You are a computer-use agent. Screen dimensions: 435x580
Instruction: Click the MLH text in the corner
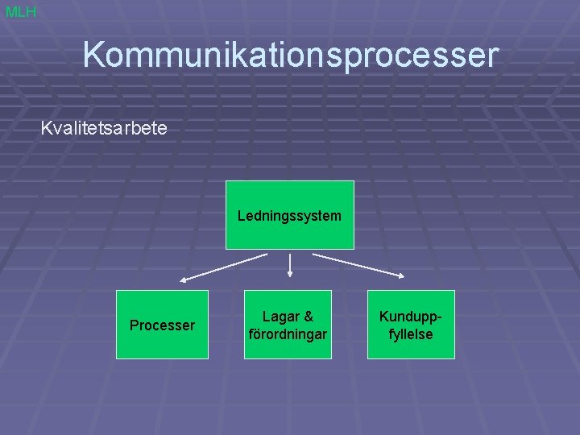pos(20,12)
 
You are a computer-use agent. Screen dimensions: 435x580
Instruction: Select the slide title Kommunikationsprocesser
pos(290,56)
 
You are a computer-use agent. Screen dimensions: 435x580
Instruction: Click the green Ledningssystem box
pos(289,215)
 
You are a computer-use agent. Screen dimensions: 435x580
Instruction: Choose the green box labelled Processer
pos(162,325)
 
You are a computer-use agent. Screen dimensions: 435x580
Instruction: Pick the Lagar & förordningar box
pos(288,325)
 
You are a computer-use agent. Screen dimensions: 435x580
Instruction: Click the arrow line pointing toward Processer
pos(224,267)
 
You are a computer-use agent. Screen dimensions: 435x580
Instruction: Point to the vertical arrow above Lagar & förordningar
pos(289,265)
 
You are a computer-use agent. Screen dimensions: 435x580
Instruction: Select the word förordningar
pos(288,333)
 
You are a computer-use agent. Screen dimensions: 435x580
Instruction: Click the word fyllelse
pos(411,333)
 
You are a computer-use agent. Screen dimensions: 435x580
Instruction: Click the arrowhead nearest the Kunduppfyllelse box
pos(401,276)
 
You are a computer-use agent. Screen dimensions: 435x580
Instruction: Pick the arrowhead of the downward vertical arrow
pos(289,275)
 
